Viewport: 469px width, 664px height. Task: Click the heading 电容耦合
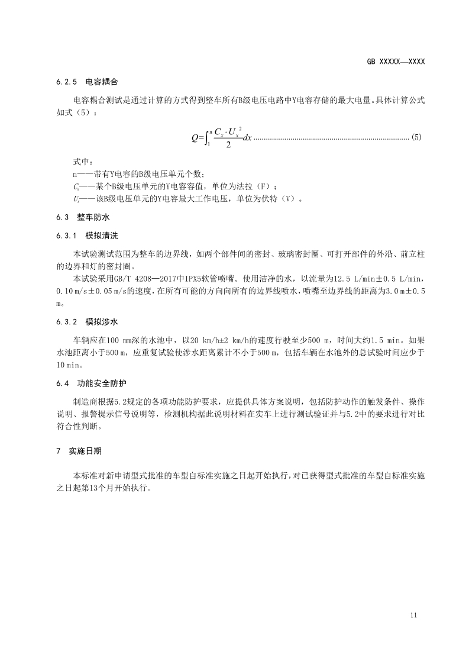[102, 81]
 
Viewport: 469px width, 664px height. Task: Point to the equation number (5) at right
[416, 137]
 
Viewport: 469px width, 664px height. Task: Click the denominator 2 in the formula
[228, 145]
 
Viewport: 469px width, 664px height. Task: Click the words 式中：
[83, 162]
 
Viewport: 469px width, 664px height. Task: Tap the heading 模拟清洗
[102, 236]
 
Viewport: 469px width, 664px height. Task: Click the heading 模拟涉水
[102, 323]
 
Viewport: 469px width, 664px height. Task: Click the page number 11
[413, 615]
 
